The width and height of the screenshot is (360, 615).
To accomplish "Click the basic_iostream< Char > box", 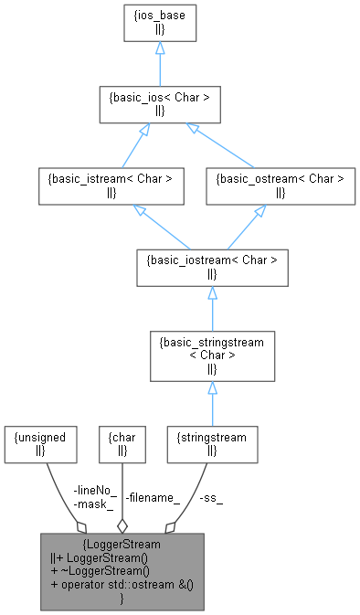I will [x=212, y=266].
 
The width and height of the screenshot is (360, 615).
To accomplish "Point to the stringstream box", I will [x=212, y=443].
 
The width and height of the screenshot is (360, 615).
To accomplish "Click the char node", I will [x=122, y=443].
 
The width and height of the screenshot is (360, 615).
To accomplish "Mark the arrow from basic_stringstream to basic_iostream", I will [x=212, y=311].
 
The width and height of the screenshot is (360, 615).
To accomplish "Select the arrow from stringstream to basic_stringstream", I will [x=212, y=402].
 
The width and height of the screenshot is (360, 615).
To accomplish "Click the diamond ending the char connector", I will [x=122, y=525].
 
